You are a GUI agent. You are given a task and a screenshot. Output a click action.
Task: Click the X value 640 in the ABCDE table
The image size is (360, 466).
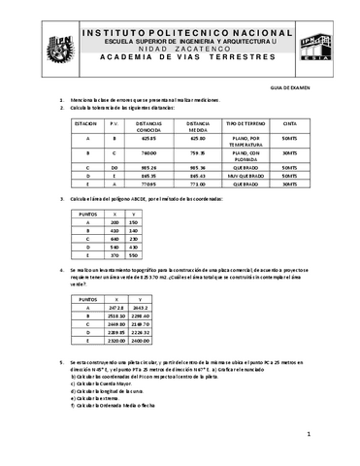[x=115, y=239]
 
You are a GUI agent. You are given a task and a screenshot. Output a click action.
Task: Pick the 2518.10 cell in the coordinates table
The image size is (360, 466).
[x=115, y=315]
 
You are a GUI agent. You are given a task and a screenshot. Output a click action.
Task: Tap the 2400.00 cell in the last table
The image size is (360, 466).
[x=140, y=341]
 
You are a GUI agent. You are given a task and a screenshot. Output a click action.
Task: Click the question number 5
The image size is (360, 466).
[x=62, y=359]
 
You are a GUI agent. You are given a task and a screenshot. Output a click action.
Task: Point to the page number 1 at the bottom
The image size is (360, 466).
[x=307, y=434]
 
